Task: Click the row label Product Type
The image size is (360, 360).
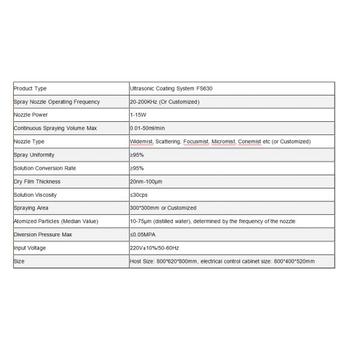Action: point(30,89)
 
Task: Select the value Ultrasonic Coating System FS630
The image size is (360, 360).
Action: point(171,89)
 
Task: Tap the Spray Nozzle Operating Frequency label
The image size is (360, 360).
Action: point(56,102)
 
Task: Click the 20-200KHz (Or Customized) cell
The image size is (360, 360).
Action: point(165,102)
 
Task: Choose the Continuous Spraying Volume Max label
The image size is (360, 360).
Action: point(55,128)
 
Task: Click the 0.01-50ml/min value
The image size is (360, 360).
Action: point(148,128)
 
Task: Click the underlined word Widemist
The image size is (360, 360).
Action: point(142,142)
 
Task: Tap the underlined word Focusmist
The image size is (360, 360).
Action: point(196,142)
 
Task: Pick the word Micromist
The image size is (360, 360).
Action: point(224,142)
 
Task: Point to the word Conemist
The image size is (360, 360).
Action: point(250,142)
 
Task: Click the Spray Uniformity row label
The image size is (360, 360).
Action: point(34,155)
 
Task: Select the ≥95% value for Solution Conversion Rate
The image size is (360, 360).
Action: point(137,169)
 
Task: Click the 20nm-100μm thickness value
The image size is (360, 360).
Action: point(146,182)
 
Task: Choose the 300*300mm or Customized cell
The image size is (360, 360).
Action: point(163,208)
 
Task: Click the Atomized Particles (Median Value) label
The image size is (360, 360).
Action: point(55,221)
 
